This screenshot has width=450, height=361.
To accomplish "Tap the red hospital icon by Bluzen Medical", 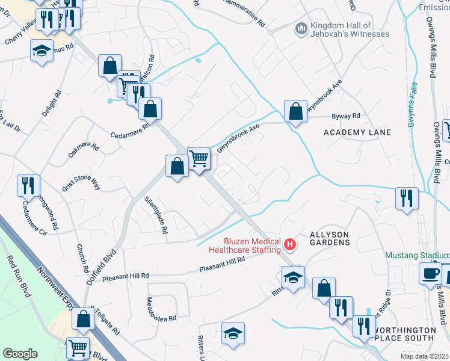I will click(291, 244).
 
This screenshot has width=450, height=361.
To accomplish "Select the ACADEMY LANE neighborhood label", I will click(357, 132).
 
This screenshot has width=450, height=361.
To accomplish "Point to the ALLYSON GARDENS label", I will click(329, 238).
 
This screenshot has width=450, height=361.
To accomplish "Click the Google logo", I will click(20, 354).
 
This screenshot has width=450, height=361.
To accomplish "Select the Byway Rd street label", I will click(345, 116).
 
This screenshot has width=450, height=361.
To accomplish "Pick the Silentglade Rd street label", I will click(155, 214).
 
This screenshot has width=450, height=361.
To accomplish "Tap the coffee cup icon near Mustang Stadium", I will click(431, 273).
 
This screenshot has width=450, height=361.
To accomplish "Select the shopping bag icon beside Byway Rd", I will click(295, 111).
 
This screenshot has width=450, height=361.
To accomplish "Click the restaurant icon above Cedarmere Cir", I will click(28, 185).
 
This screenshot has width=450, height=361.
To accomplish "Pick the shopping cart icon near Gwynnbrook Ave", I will click(199, 159).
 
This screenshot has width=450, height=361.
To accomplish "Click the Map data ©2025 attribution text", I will click(422, 356).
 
